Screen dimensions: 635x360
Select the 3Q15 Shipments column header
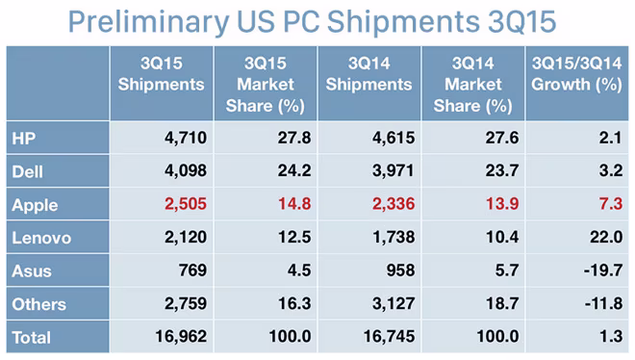[162, 74]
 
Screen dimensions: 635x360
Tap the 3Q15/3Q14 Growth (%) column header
[576, 74]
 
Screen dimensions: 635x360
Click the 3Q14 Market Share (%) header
[473, 85]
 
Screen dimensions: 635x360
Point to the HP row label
[24, 139]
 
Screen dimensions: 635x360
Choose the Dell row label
[27, 171]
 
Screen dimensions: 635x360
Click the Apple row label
[35, 205]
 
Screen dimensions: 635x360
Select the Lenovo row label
[41, 238]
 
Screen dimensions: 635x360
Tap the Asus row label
[32, 270]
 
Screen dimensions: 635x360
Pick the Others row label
[38, 304]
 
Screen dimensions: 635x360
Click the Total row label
[31, 337]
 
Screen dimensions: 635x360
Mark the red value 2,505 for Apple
[186, 204]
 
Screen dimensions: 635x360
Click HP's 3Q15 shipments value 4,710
[186, 138]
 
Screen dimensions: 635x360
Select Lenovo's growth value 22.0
[606, 237]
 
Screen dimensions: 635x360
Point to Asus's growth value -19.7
[603, 270]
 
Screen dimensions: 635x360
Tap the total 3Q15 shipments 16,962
[181, 336]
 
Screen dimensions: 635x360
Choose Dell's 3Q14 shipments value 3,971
[394, 170]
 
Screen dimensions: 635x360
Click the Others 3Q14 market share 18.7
[502, 303]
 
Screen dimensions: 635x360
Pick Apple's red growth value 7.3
[611, 204]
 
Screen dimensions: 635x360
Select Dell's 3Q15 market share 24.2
[294, 170]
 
